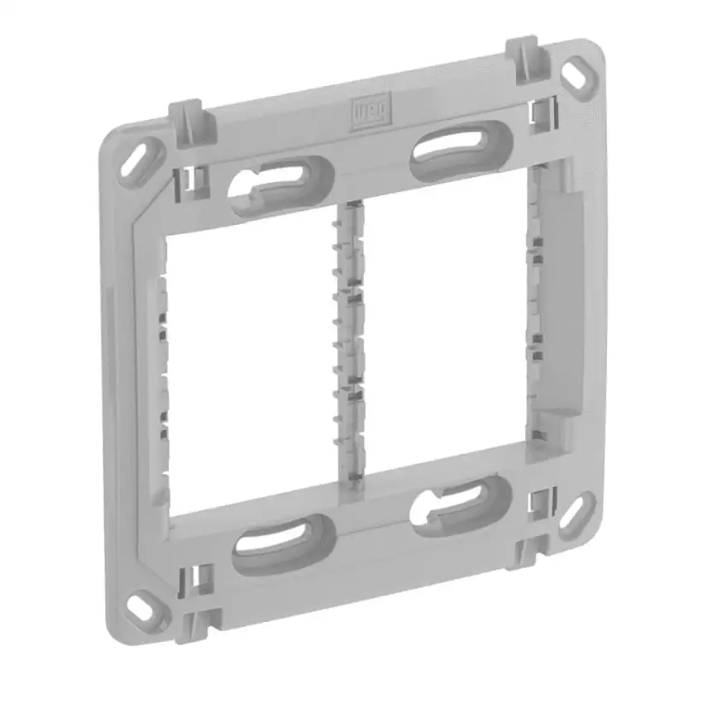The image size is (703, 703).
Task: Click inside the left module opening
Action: (x=248, y=364)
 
